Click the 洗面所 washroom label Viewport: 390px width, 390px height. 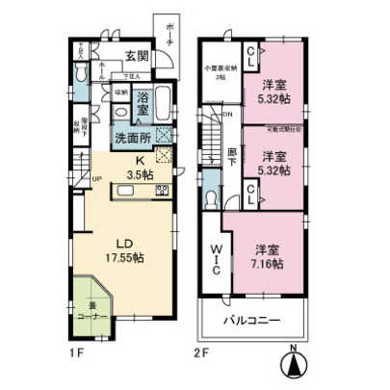tap(132, 138)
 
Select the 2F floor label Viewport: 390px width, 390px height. tap(201, 352)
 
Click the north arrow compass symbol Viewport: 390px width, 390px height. tap(290, 367)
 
